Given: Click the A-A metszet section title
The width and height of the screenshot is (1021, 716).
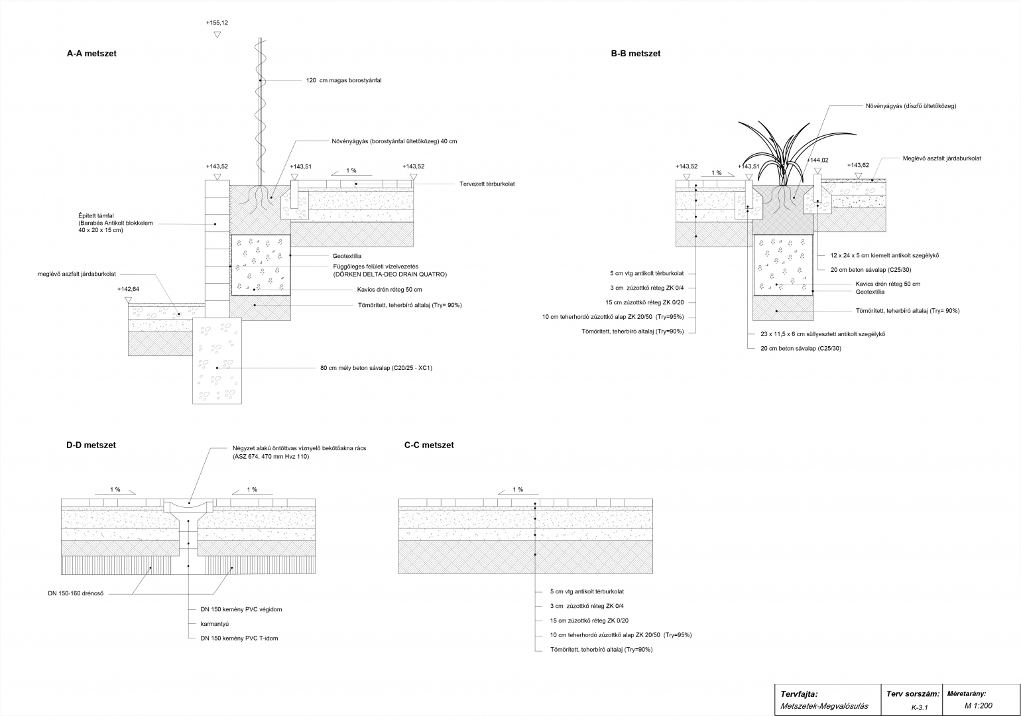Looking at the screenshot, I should tap(91, 54).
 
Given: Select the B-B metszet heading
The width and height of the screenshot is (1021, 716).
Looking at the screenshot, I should tap(635, 54).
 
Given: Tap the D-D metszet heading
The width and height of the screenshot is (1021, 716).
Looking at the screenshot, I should tap(91, 446).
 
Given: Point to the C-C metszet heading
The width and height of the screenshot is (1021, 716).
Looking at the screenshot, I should tap(429, 446).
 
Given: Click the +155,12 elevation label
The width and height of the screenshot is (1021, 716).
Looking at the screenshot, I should tap(217, 23).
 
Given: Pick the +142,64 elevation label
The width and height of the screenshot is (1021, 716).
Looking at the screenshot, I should tap(129, 290).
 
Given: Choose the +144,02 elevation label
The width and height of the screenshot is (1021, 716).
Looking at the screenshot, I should tap(817, 160).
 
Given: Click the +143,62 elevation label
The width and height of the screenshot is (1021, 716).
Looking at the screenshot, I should tap(858, 166).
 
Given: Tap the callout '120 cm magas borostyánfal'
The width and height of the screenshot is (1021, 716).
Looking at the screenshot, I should tap(343, 81).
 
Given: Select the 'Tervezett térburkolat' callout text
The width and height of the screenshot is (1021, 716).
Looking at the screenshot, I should tap(487, 184).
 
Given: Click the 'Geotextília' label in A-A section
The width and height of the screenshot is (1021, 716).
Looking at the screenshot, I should tap(347, 256).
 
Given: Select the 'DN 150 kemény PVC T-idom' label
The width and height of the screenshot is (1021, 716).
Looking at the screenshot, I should tap(239, 638).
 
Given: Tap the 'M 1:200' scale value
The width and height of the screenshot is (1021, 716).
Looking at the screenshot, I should tap(978, 706).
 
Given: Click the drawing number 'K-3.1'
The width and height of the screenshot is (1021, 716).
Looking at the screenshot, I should tap(919, 707).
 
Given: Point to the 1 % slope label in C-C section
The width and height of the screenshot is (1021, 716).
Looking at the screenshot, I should tap(518, 490).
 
